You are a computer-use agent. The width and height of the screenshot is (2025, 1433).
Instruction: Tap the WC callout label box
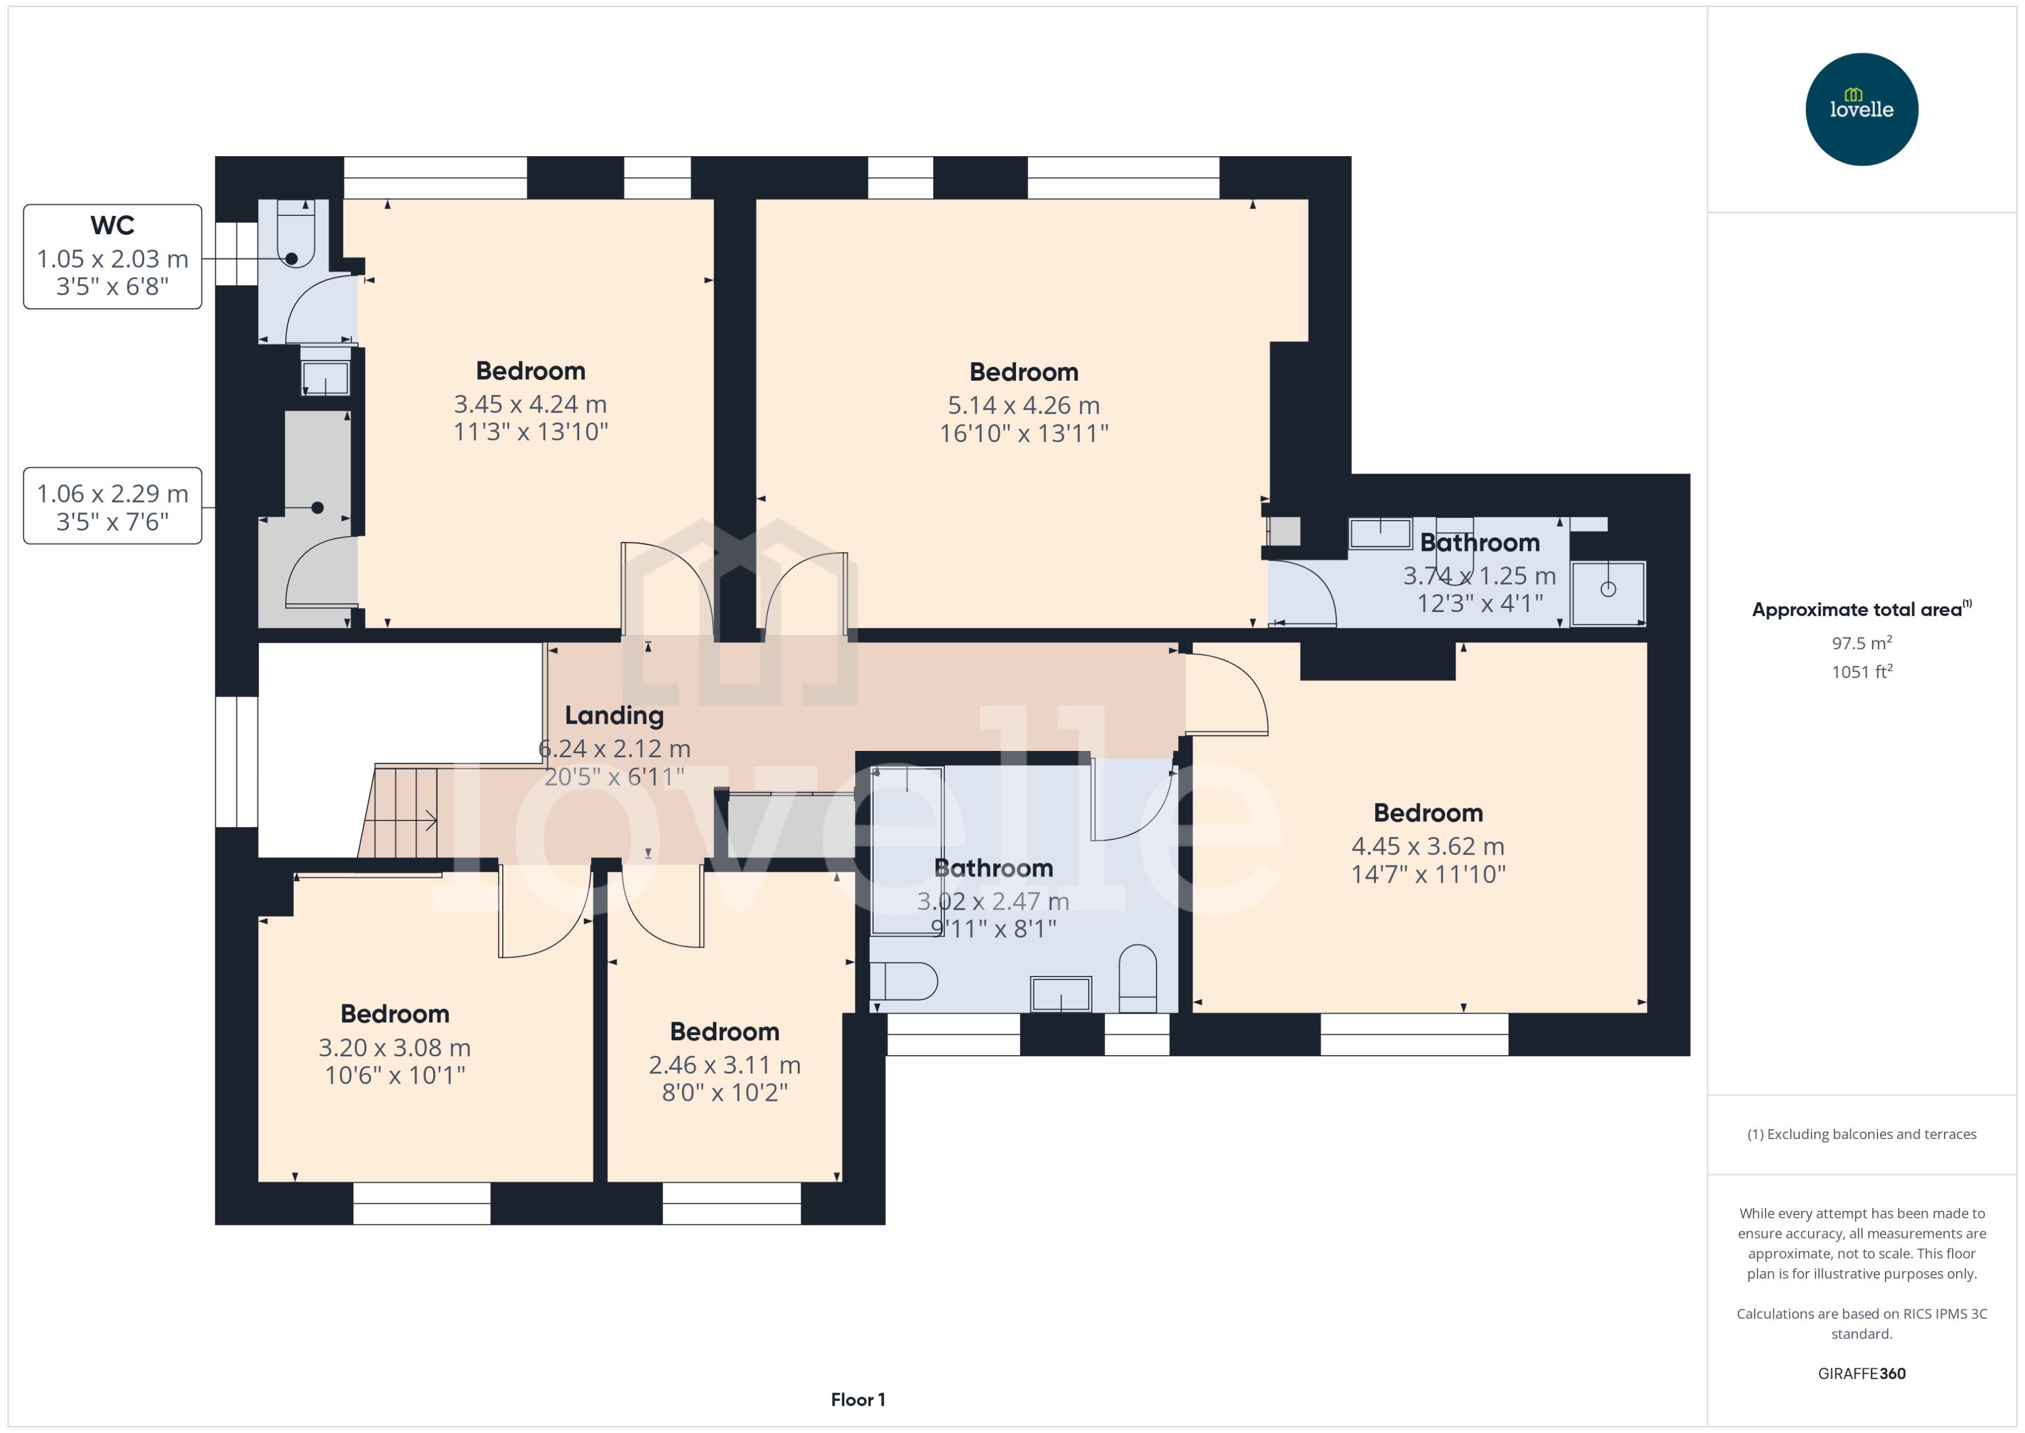[x=112, y=256]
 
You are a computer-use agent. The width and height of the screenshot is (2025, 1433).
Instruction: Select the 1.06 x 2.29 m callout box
[x=112, y=506]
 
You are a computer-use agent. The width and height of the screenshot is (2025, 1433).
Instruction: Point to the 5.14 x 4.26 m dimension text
[x=1023, y=405]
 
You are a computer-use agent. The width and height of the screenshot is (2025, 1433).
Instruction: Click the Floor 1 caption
[x=857, y=1399]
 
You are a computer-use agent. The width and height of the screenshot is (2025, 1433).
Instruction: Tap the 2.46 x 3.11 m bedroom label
[x=724, y=1032]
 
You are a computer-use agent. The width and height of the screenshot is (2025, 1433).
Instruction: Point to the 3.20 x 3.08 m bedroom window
[x=422, y=1203]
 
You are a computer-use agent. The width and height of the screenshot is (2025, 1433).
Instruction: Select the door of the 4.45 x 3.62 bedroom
[x=1227, y=692]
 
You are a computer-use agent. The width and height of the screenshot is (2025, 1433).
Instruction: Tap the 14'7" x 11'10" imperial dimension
[x=1428, y=875]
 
